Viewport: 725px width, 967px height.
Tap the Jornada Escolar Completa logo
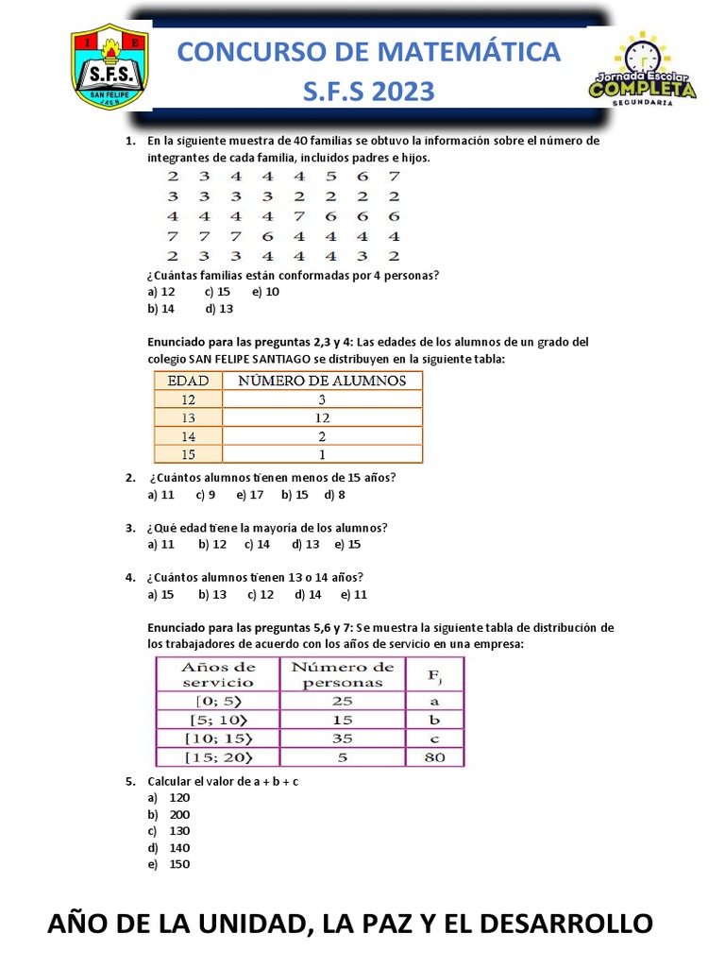click(642, 70)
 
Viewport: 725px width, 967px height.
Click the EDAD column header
click(188, 381)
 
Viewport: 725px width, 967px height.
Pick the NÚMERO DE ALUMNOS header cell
click(322, 381)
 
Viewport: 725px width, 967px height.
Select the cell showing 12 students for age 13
click(322, 417)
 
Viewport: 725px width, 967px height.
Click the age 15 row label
click(188, 453)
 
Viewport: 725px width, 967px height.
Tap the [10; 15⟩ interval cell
click(218, 737)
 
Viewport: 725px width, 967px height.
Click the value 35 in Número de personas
click(342, 737)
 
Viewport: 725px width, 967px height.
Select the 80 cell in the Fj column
click(434, 755)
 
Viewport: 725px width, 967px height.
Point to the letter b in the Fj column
click(434, 719)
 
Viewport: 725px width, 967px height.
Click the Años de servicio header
click(218, 674)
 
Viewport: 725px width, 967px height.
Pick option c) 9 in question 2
click(206, 494)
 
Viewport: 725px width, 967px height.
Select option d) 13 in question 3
click(306, 544)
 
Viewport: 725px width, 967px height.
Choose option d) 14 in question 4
click(309, 595)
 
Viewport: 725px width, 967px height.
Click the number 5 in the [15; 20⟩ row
click(342, 755)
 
